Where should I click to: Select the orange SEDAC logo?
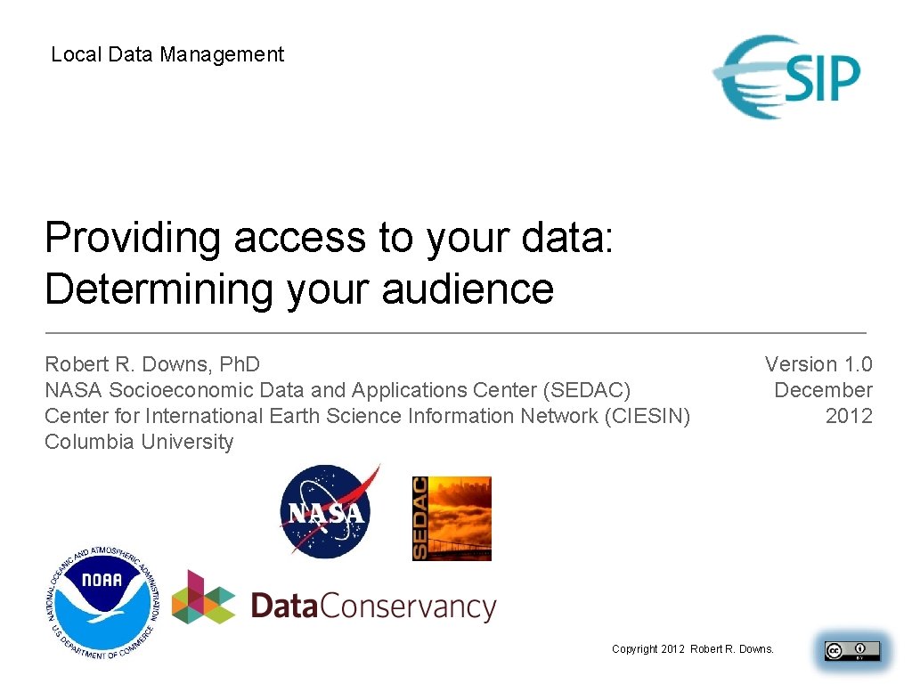(x=452, y=518)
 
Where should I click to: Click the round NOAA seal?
(x=102, y=603)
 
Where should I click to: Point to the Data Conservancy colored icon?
(x=203, y=598)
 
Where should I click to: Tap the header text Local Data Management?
(x=167, y=54)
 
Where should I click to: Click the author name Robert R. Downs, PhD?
(x=152, y=364)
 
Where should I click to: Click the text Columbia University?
(x=139, y=442)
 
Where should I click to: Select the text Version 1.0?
(x=818, y=364)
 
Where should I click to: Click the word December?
(x=823, y=390)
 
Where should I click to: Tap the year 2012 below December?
(x=849, y=416)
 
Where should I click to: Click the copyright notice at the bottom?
(x=693, y=649)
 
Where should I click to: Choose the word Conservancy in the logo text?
(x=406, y=607)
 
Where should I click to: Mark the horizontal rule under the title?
(x=455, y=332)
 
